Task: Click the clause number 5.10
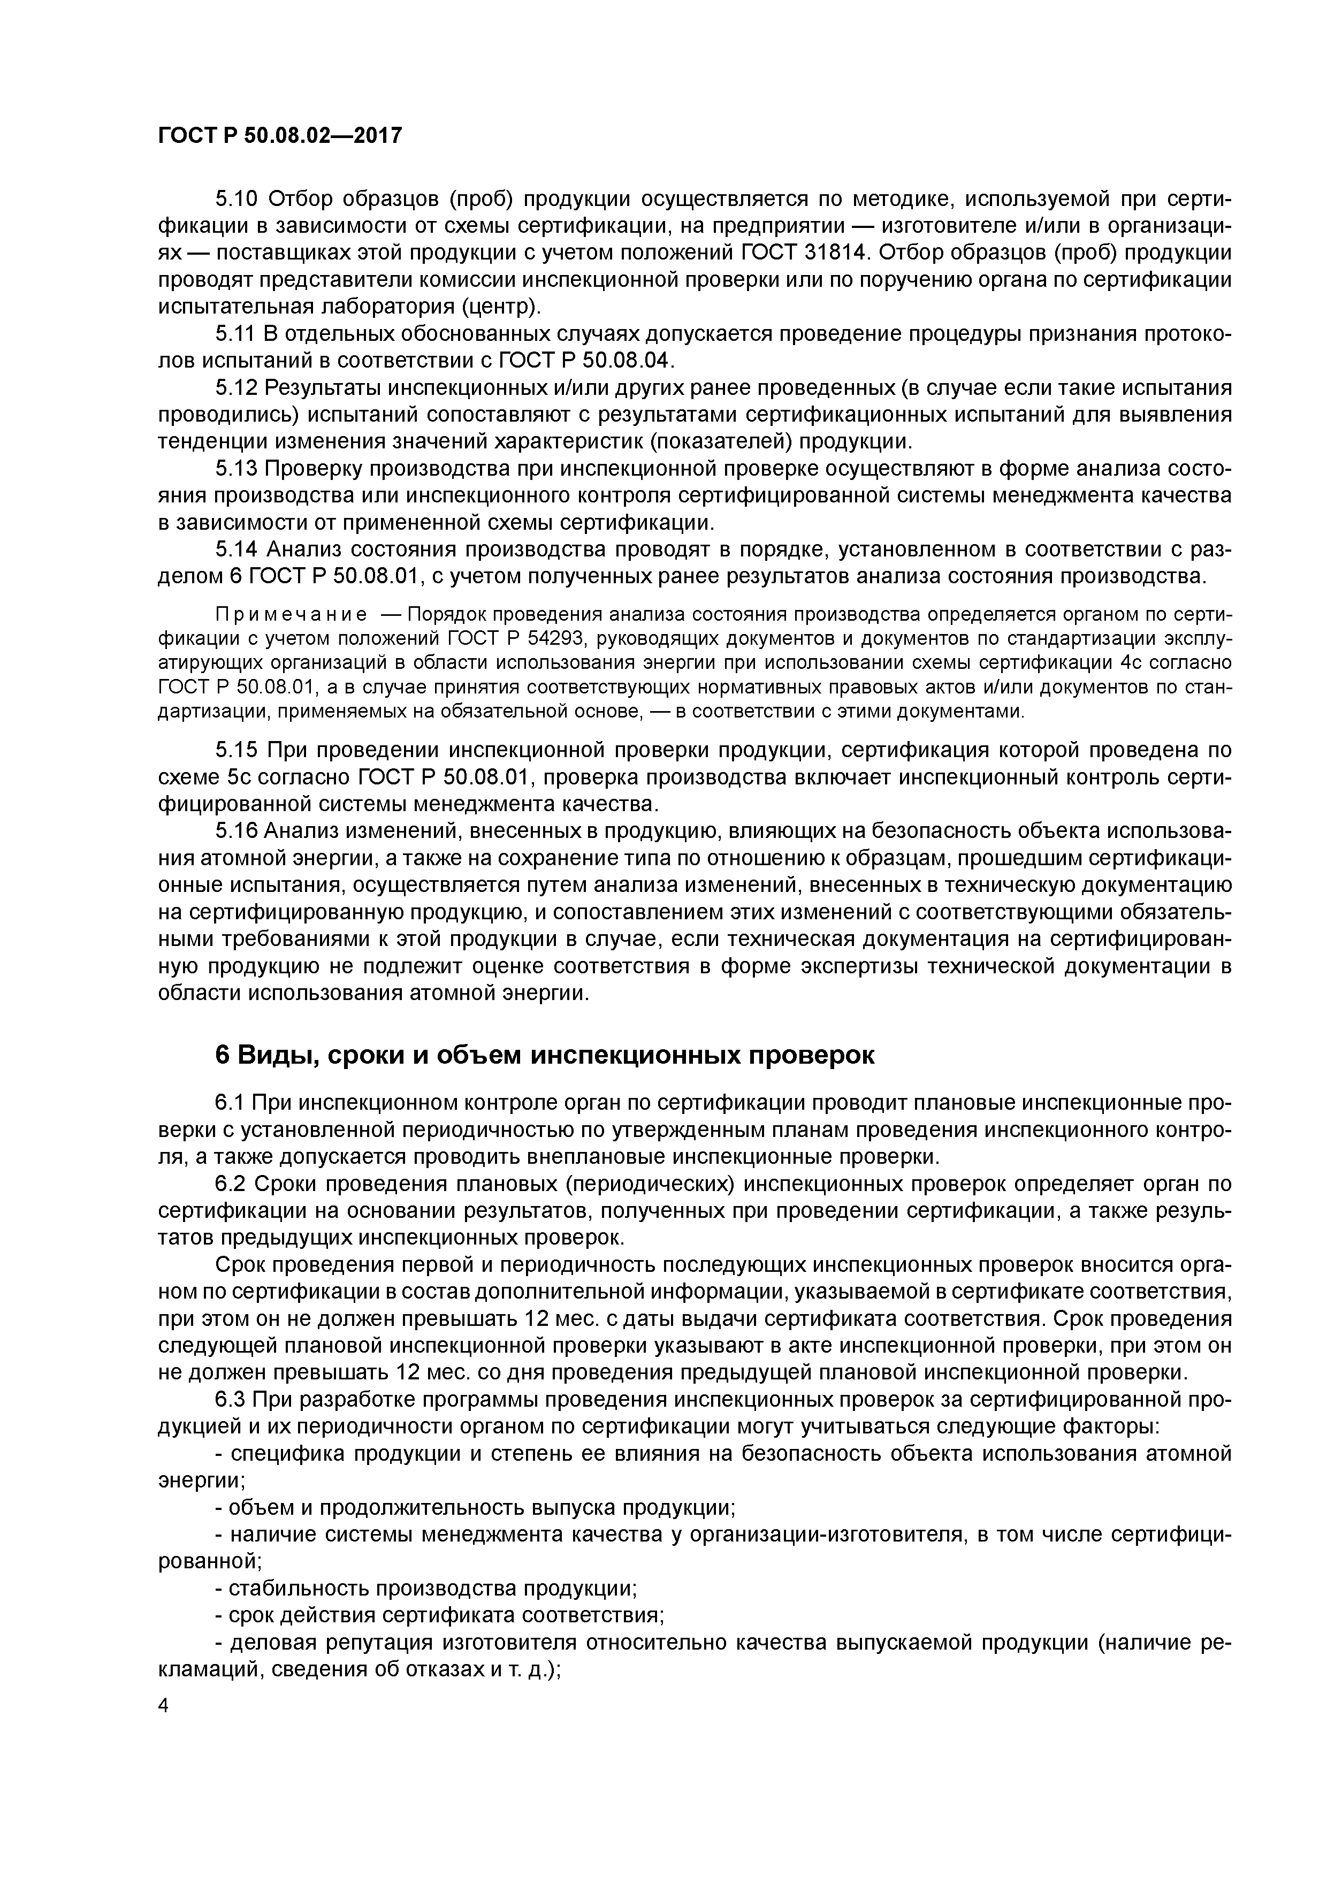pos(237,200)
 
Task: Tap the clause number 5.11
pos(237,334)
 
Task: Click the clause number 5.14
pos(237,550)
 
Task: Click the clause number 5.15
pos(237,751)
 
